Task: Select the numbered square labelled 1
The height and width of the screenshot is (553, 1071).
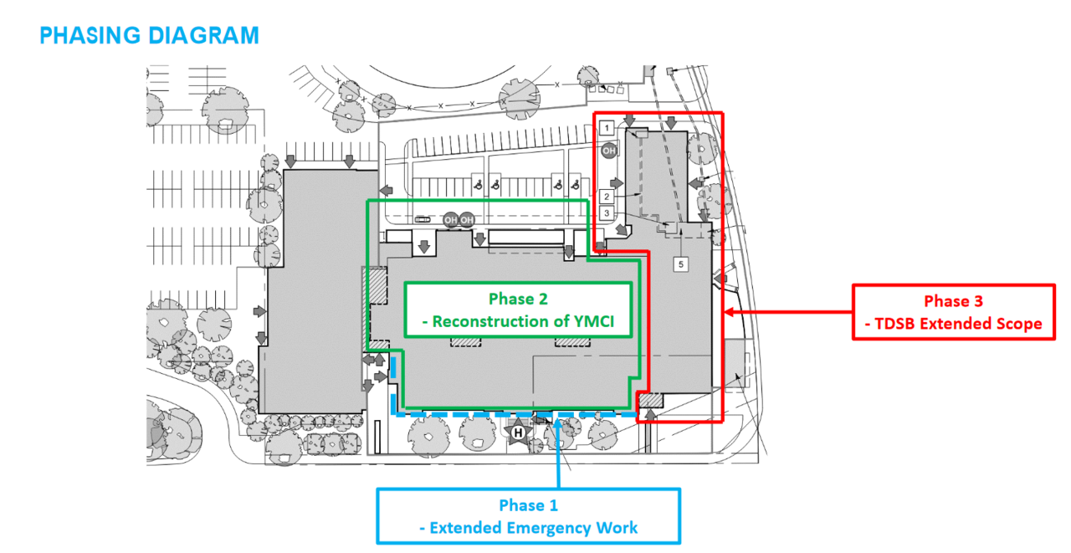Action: click(x=608, y=128)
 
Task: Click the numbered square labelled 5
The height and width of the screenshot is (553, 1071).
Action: click(x=681, y=264)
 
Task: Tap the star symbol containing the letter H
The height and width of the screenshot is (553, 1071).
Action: click(x=518, y=433)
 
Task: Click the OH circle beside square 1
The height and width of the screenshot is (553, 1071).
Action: click(x=609, y=151)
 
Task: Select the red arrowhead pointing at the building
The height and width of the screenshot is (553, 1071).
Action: click(x=729, y=312)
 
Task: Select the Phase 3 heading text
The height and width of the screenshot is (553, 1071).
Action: click(x=952, y=301)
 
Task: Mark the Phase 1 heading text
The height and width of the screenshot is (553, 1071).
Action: click(x=528, y=505)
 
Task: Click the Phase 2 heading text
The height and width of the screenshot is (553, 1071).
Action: click(x=517, y=299)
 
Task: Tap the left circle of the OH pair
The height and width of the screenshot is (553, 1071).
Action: click(x=451, y=220)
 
